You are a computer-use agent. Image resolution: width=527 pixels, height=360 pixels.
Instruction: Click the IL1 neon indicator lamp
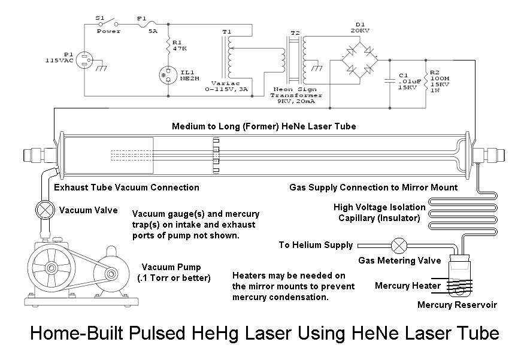(168, 74)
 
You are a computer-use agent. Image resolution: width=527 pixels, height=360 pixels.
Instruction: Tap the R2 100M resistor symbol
(426, 78)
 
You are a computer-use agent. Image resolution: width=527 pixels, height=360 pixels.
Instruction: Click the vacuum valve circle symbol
(44, 210)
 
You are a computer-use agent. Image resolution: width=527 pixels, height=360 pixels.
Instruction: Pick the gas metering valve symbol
(398, 246)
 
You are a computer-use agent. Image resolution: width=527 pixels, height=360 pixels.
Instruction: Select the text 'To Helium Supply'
(315, 246)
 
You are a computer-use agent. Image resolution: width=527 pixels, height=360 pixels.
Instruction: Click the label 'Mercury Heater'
(407, 286)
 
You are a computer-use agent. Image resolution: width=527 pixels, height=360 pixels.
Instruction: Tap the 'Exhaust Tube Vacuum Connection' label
(126, 187)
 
